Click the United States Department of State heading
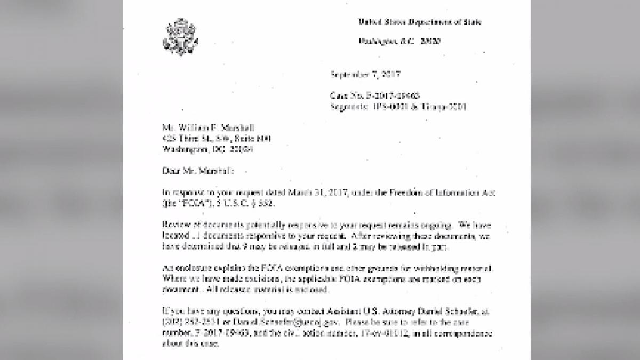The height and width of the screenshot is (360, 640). click(419, 22)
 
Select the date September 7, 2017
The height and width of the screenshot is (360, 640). click(366, 74)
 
